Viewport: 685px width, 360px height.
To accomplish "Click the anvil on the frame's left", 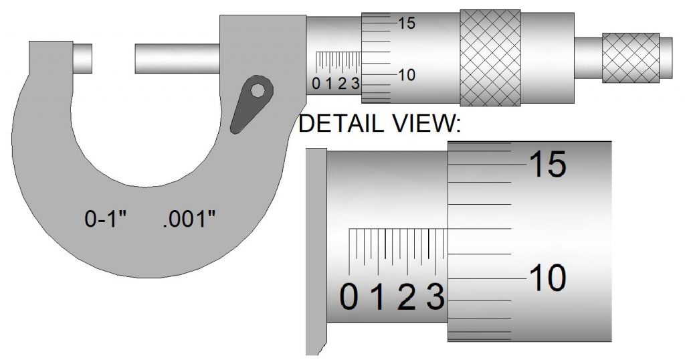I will (83, 58).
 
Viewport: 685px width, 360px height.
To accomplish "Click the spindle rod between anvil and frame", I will (177, 58).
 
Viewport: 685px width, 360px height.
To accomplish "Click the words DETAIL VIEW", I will (380, 124).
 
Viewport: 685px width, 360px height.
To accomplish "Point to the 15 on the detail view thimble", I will (547, 164).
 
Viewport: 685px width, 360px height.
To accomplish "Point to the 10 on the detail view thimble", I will (547, 277).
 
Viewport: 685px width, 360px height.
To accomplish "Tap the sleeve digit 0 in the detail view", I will (349, 297).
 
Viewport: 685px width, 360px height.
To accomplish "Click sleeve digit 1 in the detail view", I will (378, 297).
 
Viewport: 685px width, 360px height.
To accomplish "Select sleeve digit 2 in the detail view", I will (406, 297).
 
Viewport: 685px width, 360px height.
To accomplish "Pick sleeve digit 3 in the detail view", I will (435, 297).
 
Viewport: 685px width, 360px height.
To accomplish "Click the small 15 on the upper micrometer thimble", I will (406, 23).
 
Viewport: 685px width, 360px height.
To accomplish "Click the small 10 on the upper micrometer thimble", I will (406, 75).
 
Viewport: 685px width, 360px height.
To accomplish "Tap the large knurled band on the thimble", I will (490, 58).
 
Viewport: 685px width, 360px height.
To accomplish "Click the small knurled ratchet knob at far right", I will (631, 58).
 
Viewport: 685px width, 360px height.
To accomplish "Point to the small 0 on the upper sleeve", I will (316, 84).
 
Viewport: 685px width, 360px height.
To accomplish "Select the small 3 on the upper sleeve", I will (355, 84).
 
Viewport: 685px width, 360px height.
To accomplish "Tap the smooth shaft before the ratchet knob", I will (588, 58).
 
